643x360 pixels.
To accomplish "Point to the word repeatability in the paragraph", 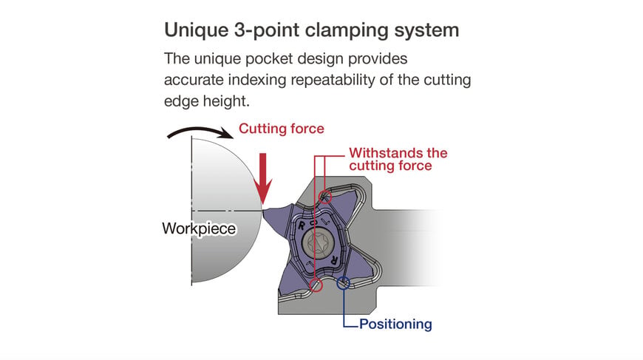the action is pyautogui.click(x=333, y=80).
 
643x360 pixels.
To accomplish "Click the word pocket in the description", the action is pyautogui.click(x=269, y=58).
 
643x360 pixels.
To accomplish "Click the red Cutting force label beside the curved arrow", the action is pyautogui.click(x=282, y=129).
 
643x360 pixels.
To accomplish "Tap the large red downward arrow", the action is pyautogui.click(x=263, y=179).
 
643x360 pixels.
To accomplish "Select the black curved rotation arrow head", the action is pyautogui.click(x=225, y=133).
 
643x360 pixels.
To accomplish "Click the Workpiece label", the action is pyautogui.click(x=199, y=228).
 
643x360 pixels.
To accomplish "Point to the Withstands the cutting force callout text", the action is pyautogui.click(x=398, y=159).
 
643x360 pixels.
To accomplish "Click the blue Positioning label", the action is pyautogui.click(x=395, y=324).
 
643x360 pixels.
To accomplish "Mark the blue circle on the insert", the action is pyautogui.click(x=343, y=283).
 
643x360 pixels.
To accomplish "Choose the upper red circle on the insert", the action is pyautogui.click(x=325, y=197).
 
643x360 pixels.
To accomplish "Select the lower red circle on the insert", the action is pyautogui.click(x=316, y=285).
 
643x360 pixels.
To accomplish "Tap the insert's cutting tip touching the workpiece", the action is pyautogui.click(x=264, y=211).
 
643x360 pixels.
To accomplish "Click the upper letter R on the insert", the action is pyautogui.click(x=302, y=225).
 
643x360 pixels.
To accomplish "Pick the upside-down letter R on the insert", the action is pyautogui.click(x=334, y=260).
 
